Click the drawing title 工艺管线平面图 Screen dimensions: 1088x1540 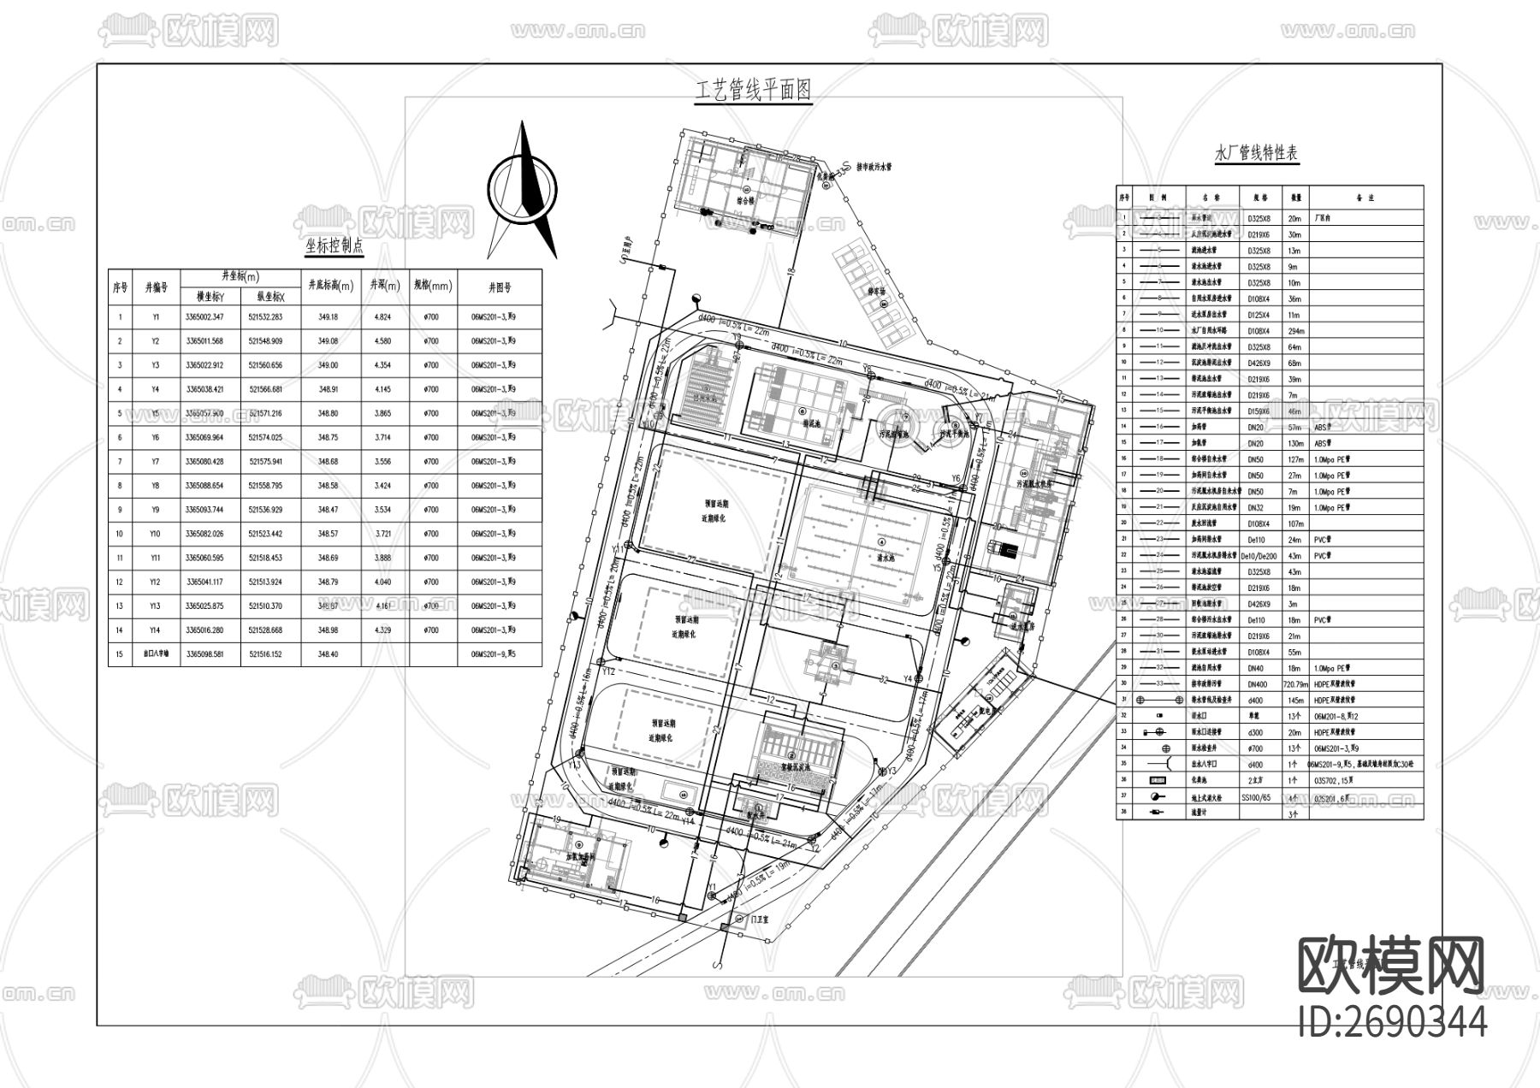[x=754, y=91]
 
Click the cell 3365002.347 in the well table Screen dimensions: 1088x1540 [x=204, y=317]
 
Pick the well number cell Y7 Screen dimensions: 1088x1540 [x=156, y=462]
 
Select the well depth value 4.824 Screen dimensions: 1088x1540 [x=382, y=317]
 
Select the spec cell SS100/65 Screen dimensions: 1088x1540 [x=1258, y=796]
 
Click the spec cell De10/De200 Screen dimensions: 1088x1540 [x=1259, y=556]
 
